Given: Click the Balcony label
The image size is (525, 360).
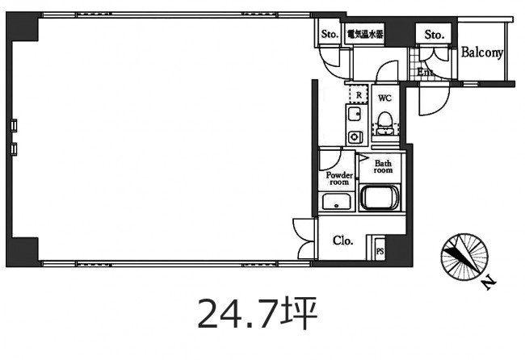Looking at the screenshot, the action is coord(482,52).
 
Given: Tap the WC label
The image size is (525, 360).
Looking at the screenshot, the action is coord(384,98).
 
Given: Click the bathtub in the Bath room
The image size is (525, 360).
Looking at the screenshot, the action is coord(380,197).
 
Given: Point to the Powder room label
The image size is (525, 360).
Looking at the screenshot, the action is coord(339,178).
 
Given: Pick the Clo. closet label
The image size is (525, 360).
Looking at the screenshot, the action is coord(342,241).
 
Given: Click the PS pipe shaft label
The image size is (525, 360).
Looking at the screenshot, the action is coord(380,251).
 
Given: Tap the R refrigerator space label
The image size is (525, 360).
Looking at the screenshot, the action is coord(359,95).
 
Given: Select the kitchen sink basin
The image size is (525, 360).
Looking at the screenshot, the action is coord(355,115).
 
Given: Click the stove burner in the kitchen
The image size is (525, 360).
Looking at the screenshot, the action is coord(355,137).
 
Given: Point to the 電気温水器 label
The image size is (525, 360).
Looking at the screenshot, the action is coord(365,34).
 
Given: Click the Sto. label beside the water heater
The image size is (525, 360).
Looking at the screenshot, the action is coord(330,34).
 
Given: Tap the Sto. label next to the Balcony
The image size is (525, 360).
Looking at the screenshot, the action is coord(435,34).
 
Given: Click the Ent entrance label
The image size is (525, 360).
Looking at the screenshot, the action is coord(425,72).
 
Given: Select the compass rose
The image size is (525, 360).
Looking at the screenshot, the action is coord(464,257).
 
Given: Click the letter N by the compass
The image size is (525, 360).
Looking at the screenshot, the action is coord(489,283).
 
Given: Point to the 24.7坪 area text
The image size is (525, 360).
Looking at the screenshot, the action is coord(257,312).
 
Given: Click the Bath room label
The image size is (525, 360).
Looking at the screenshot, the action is coord(383,166).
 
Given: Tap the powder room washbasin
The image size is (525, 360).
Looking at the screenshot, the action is coord(337,202).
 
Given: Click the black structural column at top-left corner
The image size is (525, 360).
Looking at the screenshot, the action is coord(22,27).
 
